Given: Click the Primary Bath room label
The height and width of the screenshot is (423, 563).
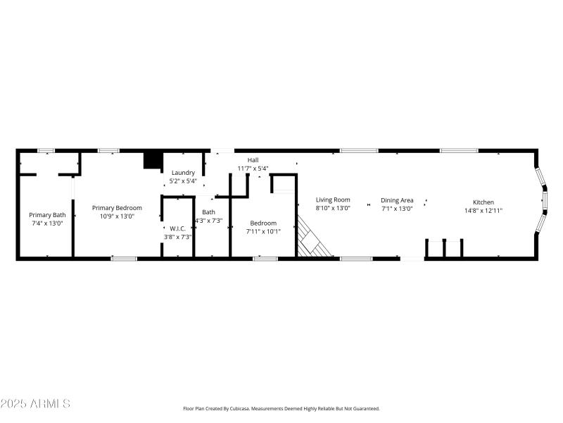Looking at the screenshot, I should point(47,214).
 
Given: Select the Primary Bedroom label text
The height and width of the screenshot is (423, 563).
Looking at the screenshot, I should point(117,207).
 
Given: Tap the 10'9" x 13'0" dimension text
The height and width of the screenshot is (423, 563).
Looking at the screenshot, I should point(117,216).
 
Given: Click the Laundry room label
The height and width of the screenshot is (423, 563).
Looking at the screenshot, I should point(183,173).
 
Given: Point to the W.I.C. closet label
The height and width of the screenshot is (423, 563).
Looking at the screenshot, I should point(177,228).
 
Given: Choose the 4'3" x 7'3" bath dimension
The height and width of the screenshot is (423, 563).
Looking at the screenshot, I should point(208,221).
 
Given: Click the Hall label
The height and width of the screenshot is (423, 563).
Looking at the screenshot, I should point(253,160).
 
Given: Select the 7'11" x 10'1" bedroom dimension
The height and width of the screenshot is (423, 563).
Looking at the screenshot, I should point(263,231).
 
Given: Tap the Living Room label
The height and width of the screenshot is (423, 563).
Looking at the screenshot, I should point(332,200).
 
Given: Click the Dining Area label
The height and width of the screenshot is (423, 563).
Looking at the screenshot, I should point(397,200).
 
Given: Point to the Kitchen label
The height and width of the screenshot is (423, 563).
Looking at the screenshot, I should point(483,202).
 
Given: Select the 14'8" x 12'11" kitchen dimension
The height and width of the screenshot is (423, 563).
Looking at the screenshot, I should point(483,210).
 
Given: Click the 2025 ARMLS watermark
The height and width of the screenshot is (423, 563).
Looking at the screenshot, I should point(35,404).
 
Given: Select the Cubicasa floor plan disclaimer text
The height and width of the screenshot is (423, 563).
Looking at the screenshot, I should point(281,409).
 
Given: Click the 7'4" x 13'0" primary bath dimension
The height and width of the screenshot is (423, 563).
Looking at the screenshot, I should point(47,223).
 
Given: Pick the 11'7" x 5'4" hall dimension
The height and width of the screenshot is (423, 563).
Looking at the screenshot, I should point(253,168).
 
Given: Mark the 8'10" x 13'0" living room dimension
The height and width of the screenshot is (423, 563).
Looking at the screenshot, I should point(332,208).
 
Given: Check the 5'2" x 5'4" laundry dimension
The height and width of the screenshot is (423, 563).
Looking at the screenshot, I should point(183,181).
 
